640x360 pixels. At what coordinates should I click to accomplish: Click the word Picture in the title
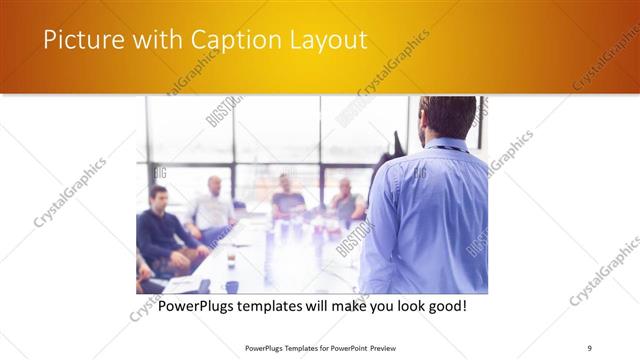point(78,40)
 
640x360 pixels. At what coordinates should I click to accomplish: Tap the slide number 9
point(589,348)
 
